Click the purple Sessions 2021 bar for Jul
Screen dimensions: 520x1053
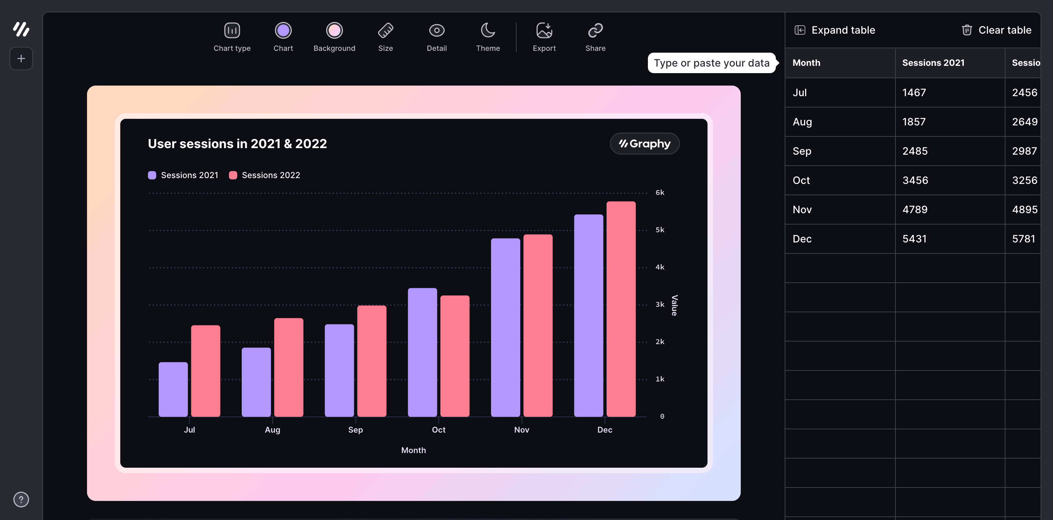click(x=173, y=389)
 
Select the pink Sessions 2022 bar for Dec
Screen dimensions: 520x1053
click(x=620, y=309)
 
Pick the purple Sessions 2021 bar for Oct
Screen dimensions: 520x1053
click(x=422, y=352)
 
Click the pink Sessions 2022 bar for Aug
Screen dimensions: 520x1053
click(x=288, y=367)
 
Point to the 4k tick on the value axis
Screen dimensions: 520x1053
click(x=660, y=267)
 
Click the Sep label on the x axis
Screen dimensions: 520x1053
click(x=355, y=430)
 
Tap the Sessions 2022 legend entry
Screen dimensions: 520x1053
click(x=264, y=175)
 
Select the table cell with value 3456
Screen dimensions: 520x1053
click(x=915, y=180)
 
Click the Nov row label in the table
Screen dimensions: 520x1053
click(x=802, y=210)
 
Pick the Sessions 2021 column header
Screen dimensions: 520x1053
click(x=933, y=63)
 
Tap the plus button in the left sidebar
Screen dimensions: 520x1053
click(x=21, y=59)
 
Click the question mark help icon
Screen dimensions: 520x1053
click(x=21, y=499)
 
